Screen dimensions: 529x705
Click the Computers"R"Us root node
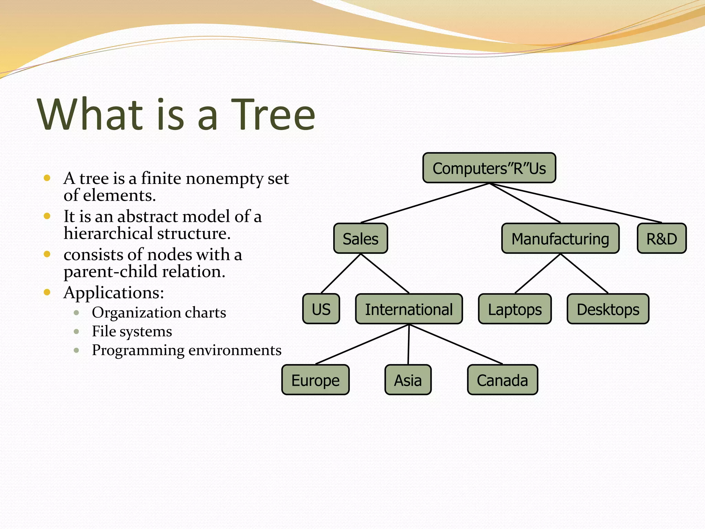pos(489,168)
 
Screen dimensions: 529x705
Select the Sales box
pos(360,239)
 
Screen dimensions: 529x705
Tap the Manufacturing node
pos(560,239)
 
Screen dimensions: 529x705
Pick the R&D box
pos(661,239)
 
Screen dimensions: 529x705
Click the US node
pos(321,309)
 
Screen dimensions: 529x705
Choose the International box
pos(409,309)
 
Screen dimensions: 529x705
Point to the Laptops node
pos(515,309)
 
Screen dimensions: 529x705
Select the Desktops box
pos(608,309)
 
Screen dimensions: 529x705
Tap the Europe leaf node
pos(315,380)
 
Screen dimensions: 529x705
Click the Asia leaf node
pos(408,380)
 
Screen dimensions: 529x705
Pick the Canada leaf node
pos(502,380)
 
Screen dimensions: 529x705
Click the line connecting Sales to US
pos(341,273)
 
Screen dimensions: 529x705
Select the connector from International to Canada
pos(456,344)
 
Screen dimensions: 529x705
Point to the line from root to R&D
pos(576,203)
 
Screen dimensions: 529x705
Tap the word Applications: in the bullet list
pos(114,293)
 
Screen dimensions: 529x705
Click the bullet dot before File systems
pos(76,332)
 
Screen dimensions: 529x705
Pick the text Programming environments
pos(187,350)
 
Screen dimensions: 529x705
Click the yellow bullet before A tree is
pos(47,178)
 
